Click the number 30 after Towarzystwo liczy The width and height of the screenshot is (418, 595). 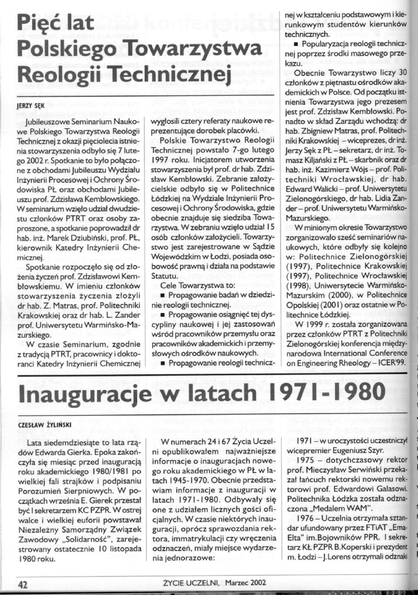pyautogui.click(x=403, y=73)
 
